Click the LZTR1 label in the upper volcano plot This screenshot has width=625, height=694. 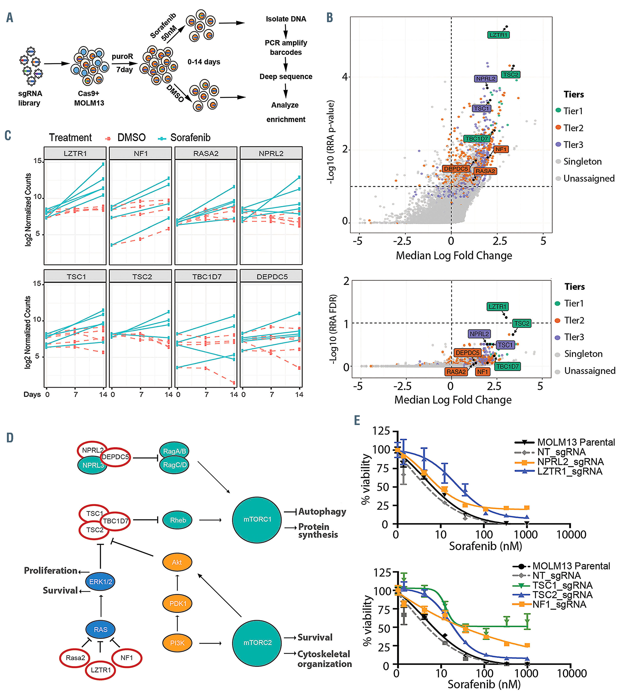(498, 35)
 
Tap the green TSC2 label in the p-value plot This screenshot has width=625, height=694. (510, 74)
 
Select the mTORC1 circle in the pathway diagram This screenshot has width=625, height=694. (257, 519)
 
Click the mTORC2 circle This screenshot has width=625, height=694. (257, 643)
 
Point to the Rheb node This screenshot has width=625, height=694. (178, 520)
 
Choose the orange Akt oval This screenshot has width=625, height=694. (177, 562)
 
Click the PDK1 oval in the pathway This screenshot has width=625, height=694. (178, 604)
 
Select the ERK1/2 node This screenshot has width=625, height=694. (100, 582)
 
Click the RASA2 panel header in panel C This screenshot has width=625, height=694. (206, 154)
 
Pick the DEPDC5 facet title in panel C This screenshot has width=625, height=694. (272, 276)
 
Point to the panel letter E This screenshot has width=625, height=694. (357, 420)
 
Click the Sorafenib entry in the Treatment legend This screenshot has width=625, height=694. (190, 138)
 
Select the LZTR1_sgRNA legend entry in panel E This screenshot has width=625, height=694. (570, 471)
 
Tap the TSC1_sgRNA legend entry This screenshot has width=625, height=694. (562, 585)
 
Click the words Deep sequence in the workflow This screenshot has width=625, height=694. (286, 77)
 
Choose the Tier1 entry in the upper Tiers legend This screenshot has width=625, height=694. (573, 111)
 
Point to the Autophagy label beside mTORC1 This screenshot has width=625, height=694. (322, 512)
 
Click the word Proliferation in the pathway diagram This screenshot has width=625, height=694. (51, 571)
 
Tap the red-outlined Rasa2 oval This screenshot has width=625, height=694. (75, 658)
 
